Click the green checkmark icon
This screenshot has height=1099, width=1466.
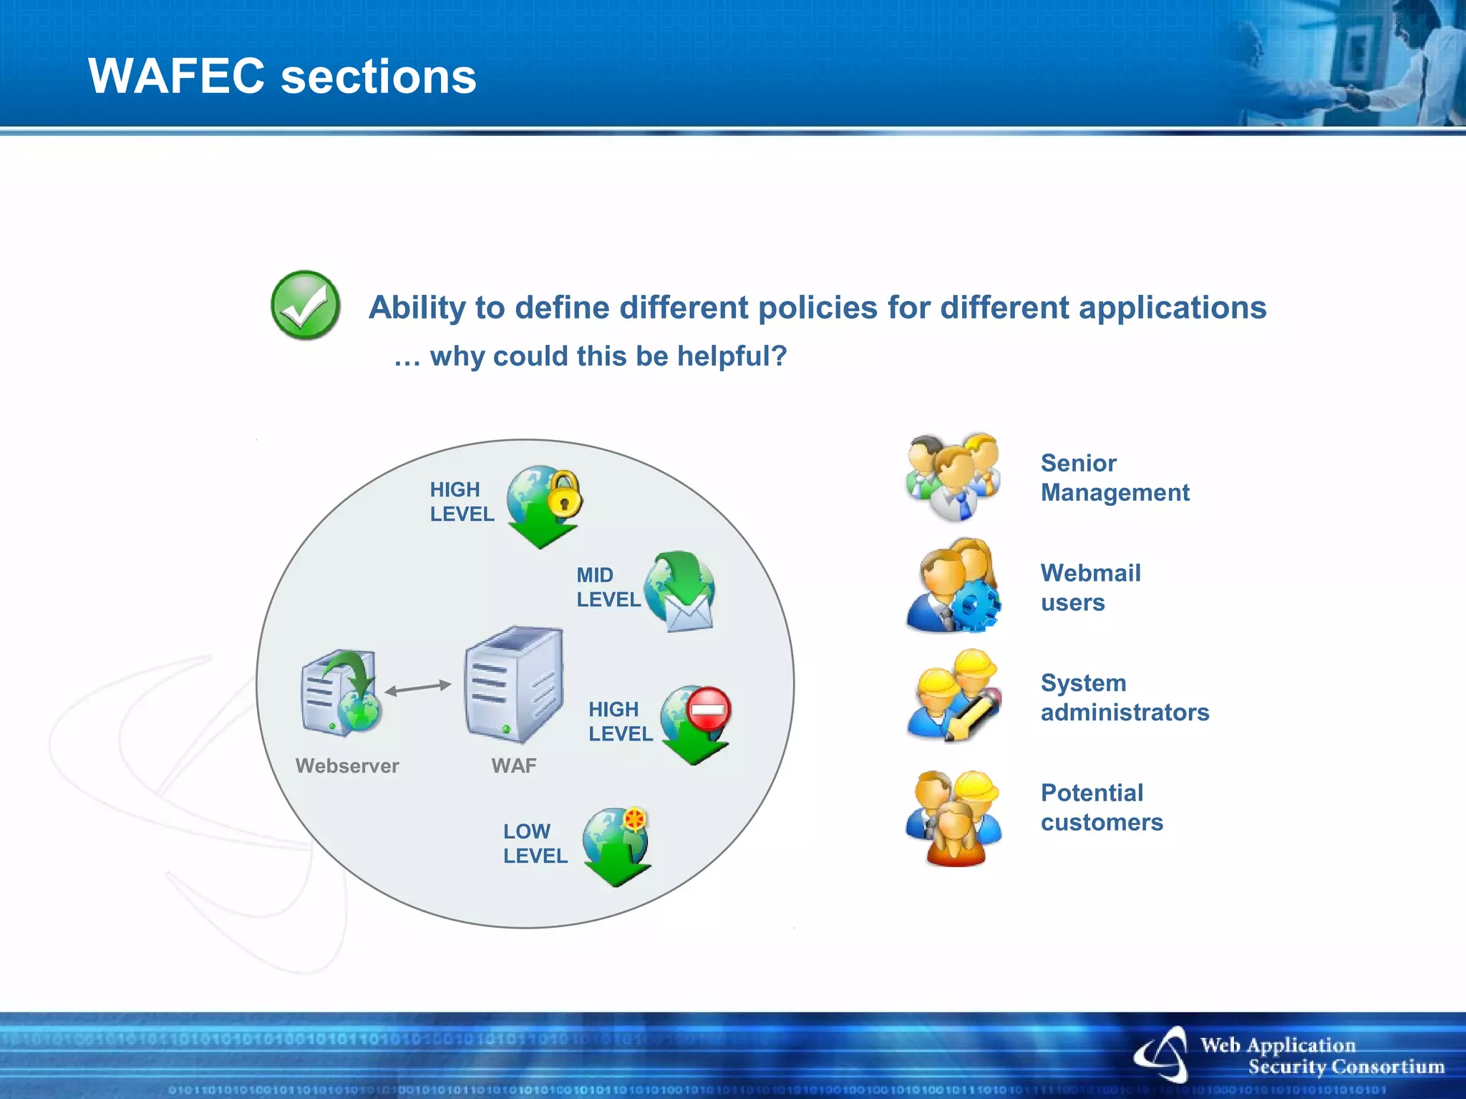[x=306, y=306]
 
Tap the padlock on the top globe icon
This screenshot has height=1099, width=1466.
[x=565, y=494]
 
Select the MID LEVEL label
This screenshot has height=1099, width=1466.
[x=608, y=587]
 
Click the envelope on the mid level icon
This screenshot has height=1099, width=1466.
[x=689, y=612]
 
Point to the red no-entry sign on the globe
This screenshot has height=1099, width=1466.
[x=709, y=709]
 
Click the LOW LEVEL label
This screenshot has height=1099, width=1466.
[x=535, y=844]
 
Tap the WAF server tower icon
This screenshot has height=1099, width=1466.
[x=513, y=684]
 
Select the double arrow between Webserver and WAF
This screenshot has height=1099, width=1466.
[x=418, y=688]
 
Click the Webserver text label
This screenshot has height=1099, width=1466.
[x=347, y=766]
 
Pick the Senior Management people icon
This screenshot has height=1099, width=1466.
[x=953, y=477]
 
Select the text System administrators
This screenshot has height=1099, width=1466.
[x=1124, y=698]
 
